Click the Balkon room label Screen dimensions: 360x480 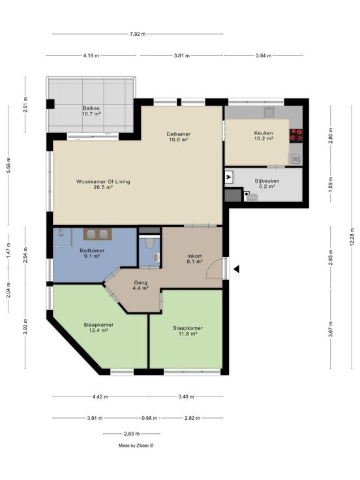tap(91, 111)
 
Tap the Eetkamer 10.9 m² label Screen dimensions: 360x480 tap(179, 136)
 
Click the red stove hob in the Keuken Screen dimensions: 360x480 tap(296, 136)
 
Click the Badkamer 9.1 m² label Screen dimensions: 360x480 tap(92, 253)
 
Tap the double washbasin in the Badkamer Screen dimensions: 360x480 tap(98, 234)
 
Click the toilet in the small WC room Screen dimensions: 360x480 tap(150, 243)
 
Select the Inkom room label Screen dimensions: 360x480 tap(195, 259)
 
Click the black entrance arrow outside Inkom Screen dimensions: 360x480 tap(236, 269)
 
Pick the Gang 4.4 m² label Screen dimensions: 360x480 tap(140, 285)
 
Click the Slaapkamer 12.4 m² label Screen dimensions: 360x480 tap(98, 327)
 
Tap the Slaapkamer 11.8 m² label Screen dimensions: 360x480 tap(188, 331)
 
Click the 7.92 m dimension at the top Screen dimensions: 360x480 tap(138, 34)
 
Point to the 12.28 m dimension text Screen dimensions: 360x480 tap(352, 235)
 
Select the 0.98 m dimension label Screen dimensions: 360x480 tap(149, 418)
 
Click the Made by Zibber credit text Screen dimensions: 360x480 tap(136, 445)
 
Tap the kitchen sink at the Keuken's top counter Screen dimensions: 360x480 tap(269, 112)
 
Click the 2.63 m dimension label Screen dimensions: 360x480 tap(132, 434)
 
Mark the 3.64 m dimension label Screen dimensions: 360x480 tap(263, 55)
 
